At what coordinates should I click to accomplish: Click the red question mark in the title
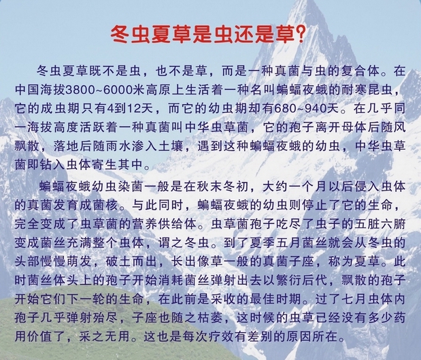tap(300, 35)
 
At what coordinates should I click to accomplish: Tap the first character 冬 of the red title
tap(120, 35)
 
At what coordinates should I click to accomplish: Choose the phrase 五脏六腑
tap(380, 224)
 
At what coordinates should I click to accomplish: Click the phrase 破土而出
tap(131, 261)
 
